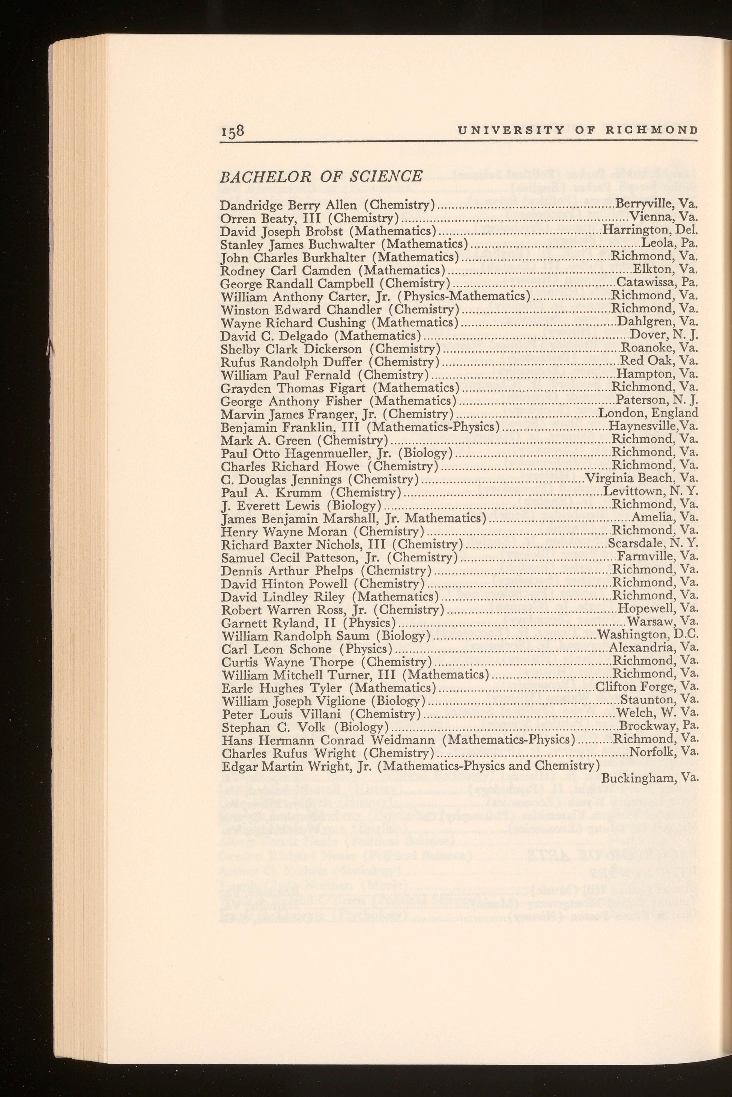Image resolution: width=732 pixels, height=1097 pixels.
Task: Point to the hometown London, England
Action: click(x=648, y=413)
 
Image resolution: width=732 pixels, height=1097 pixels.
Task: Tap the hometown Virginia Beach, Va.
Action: click(x=642, y=478)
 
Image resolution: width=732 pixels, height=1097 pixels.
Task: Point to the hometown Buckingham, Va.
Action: click(x=649, y=778)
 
